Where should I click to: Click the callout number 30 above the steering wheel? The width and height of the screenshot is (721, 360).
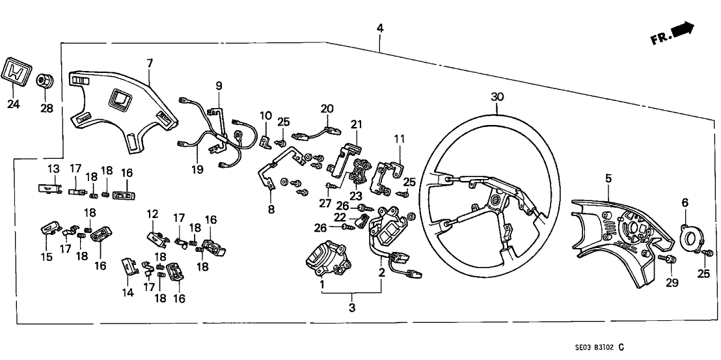click(497, 96)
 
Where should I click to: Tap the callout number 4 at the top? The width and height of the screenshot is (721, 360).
click(380, 28)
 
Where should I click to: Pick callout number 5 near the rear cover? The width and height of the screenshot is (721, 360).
click(608, 177)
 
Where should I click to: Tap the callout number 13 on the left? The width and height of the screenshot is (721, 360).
click(52, 169)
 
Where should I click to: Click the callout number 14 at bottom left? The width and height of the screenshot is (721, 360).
click(128, 293)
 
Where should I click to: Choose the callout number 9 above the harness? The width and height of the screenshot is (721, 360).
click(219, 85)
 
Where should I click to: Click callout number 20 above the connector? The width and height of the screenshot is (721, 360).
click(327, 108)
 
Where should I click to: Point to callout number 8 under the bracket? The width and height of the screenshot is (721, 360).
click(271, 209)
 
